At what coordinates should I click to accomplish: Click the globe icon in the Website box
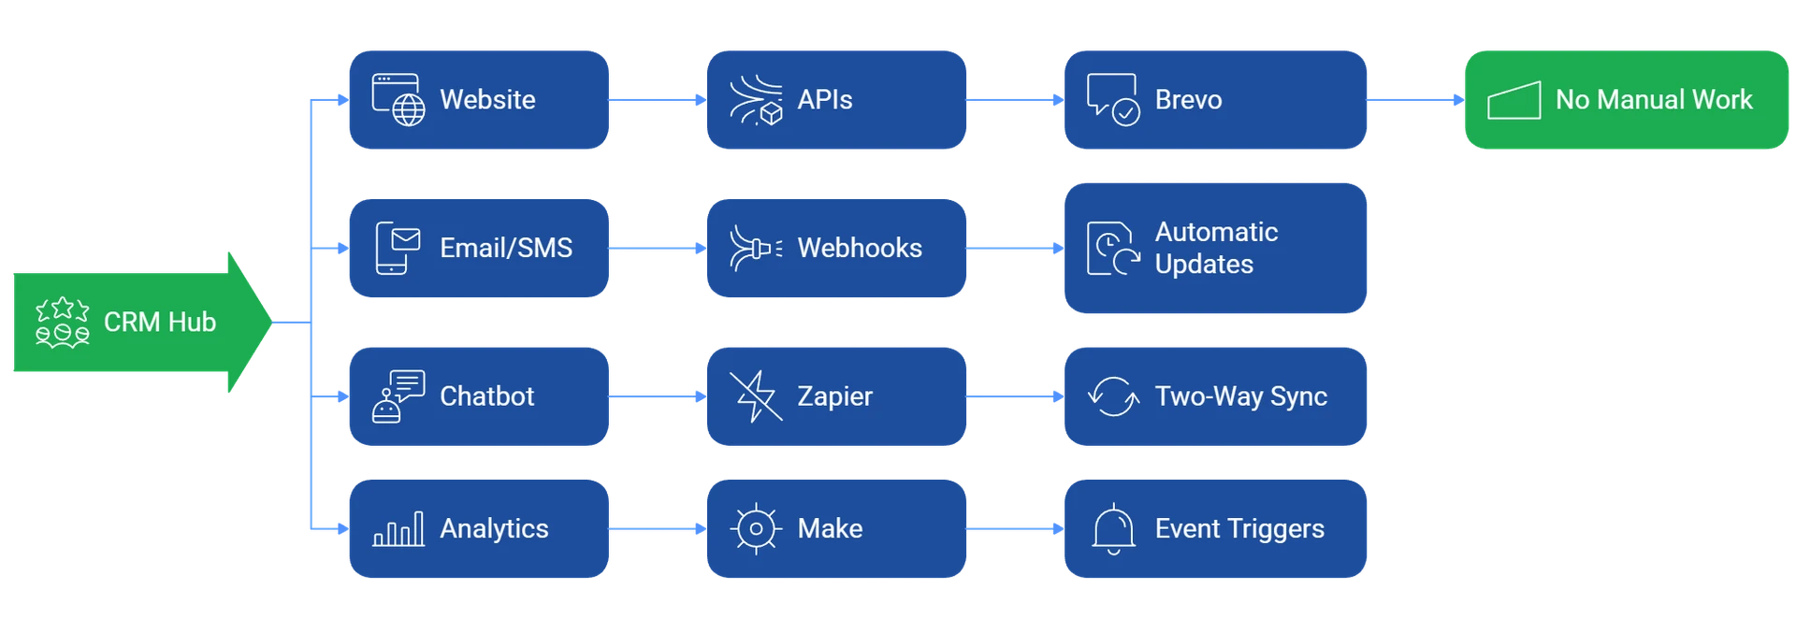pyautogui.click(x=408, y=110)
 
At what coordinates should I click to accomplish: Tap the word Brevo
pyautogui.click(x=1188, y=100)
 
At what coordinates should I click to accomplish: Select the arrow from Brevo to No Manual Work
pyautogui.click(x=1413, y=100)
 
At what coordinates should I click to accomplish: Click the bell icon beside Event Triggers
pyautogui.click(x=1113, y=529)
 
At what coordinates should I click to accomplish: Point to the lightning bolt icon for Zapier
pyautogui.click(x=755, y=396)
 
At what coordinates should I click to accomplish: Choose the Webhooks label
pyautogui.click(x=859, y=248)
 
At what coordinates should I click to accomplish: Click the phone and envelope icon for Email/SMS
pyautogui.click(x=398, y=248)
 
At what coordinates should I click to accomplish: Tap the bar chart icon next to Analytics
pyautogui.click(x=398, y=529)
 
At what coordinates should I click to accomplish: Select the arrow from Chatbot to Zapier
pyautogui.click(x=658, y=396)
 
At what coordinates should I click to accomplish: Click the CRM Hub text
pyautogui.click(x=160, y=323)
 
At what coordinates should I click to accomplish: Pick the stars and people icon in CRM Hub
pyautogui.click(x=63, y=323)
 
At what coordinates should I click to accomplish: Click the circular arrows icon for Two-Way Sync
pyautogui.click(x=1113, y=396)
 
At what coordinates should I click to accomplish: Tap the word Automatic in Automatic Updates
pyautogui.click(x=1216, y=232)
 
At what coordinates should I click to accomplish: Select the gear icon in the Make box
pyautogui.click(x=755, y=529)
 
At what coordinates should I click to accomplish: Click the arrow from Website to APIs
pyautogui.click(x=658, y=100)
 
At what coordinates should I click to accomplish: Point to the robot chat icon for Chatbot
pyautogui.click(x=398, y=396)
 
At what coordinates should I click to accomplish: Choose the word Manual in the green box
pyautogui.click(x=1642, y=100)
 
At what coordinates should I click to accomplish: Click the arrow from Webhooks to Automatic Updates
pyautogui.click(x=1015, y=249)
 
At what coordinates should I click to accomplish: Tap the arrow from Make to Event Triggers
pyautogui.click(x=1015, y=529)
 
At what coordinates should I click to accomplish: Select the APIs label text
pyautogui.click(x=824, y=100)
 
